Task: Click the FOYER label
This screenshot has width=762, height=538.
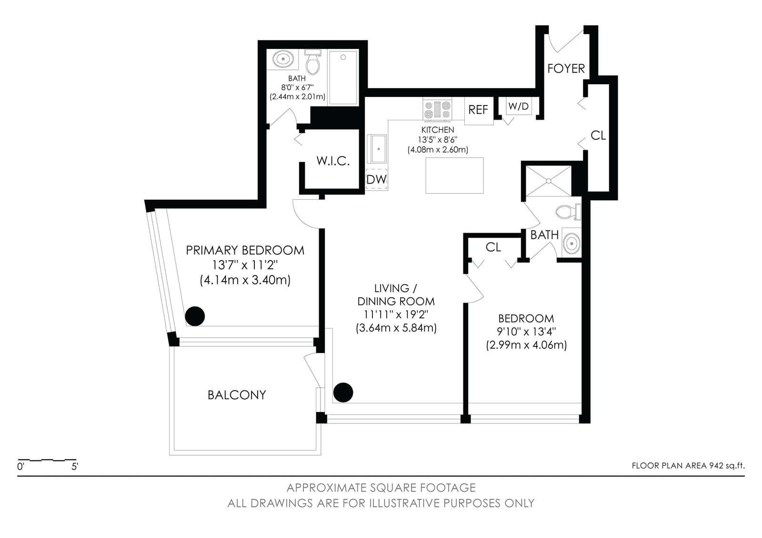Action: click(x=566, y=68)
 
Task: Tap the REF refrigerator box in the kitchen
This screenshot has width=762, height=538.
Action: click(x=479, y=110)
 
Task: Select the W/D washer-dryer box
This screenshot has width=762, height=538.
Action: click(x=519, y=106)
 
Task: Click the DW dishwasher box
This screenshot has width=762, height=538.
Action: click(x=377, y=179)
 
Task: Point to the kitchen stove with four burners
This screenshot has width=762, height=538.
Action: click(x=437, y=109)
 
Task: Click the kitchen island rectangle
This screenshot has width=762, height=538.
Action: click(x=454, y=176)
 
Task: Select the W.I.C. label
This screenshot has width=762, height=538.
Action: click(x=333, y=161)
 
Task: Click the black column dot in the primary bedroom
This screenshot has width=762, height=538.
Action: click(x=195, y=316)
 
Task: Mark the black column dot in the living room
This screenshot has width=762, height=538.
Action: click(x=343, y=392)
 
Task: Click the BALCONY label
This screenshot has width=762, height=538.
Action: click(x=237, y=395)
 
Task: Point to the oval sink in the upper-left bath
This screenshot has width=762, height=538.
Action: click(x=283, y=59)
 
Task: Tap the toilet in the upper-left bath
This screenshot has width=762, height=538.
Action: click(x=312, y=62)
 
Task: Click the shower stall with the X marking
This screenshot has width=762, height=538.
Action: click(x=548, y=181)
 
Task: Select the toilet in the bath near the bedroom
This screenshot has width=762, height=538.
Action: click(x=569, y=212)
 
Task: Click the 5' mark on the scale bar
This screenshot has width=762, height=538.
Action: click(x=75, y=467)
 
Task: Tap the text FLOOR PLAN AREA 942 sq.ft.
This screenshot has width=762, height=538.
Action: click(x=688, y=466)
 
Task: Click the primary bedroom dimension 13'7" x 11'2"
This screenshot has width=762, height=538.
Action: click(x=245, y=265)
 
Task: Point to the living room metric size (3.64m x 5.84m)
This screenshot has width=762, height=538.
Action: click(x=396, y=328)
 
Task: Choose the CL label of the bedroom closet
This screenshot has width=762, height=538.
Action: click(x=493, y=247)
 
